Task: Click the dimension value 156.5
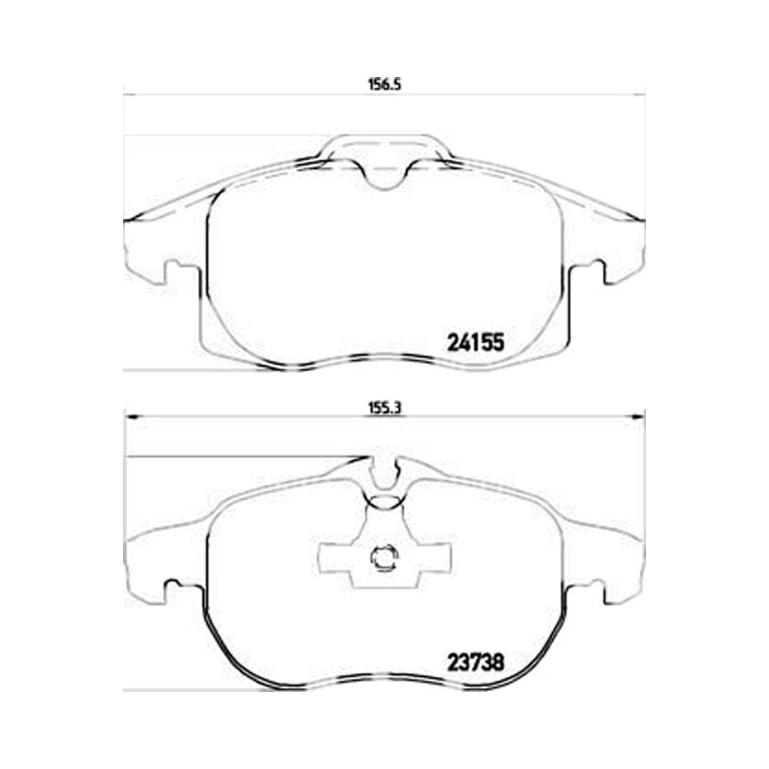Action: (x=385, y=85)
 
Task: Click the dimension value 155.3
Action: (x=385, y=409)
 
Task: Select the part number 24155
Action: (x=475, y=342)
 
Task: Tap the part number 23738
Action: (x=475, y=663)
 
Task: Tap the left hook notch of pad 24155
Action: (x=172, y=273)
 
